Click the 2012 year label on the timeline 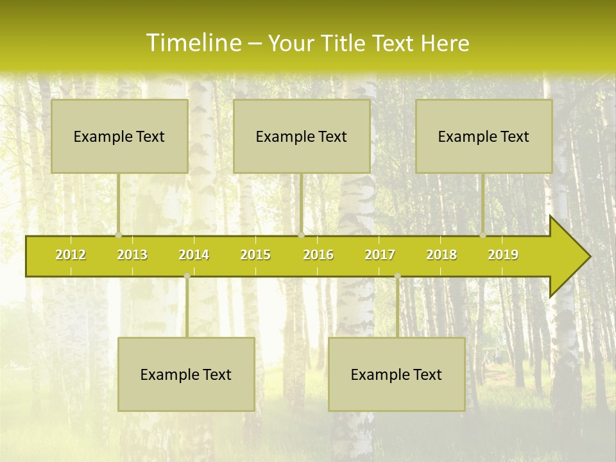click(71, 255)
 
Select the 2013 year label click(132, 255)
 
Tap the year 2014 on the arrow click(194, 255)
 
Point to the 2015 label click(255, 255)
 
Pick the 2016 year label click(318, 255)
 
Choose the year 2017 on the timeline click(380, 255)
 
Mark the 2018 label click(441, 255)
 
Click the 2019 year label click(503, 255)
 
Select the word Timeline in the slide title click(192, 43)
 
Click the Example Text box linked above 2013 click(119, 136)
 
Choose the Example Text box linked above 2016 click(302, 136)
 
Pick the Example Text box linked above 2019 click(484, 136)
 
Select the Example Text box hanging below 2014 click(186, 374)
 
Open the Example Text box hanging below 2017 click(397, 374)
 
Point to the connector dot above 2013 click(119, 235)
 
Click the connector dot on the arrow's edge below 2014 click(187, 275)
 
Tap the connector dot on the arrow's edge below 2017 click(397, 275)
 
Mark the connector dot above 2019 click(483, 235)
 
